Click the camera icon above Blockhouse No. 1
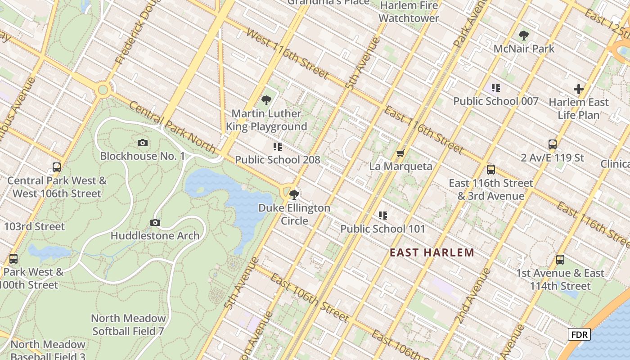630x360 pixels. [143, 143]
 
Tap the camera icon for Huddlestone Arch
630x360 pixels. [155, 222]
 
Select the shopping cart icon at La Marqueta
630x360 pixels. [400, 153]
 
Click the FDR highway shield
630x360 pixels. [579, 334]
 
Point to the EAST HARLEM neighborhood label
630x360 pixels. [432, 252]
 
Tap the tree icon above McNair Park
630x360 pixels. [524, 36]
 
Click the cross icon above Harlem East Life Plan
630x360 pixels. [579, 89]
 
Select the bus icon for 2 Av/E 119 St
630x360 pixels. [553, 144]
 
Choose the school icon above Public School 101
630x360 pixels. [382, 216]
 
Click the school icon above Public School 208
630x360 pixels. [278, 147]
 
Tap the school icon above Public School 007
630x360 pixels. [495, 88]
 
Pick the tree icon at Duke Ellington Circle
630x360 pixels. [294, 194]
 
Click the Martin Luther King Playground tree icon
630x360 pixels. [266, 100]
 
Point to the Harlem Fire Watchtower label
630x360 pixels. [409, 12]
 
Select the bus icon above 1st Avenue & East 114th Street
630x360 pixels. [560, 260]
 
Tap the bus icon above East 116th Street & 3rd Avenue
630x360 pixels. [491, 170]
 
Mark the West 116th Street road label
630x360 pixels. [288, 54]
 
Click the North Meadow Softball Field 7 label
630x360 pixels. [128, 324]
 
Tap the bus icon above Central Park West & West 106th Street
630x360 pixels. [57, 167]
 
